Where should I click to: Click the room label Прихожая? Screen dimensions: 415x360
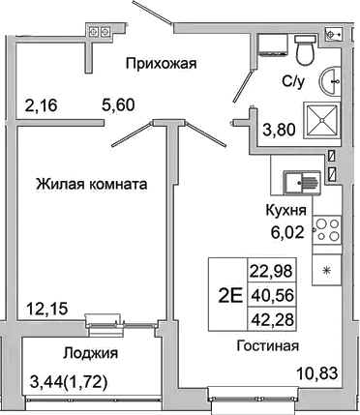click(x=162, y=64)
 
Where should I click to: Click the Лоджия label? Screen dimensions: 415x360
click(x=90, y=353)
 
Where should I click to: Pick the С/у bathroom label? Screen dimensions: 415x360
click(x=295, y=81)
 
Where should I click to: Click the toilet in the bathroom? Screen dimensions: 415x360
click(x=306, y=46)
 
